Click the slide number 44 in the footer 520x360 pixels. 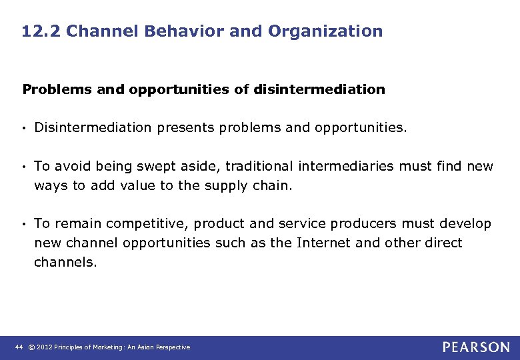(x=19, y=347)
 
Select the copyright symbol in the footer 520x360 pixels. (x=31, y=347)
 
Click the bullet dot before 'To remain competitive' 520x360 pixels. (x=25, y=224)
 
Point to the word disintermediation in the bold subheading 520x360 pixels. (x=319, y=89)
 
